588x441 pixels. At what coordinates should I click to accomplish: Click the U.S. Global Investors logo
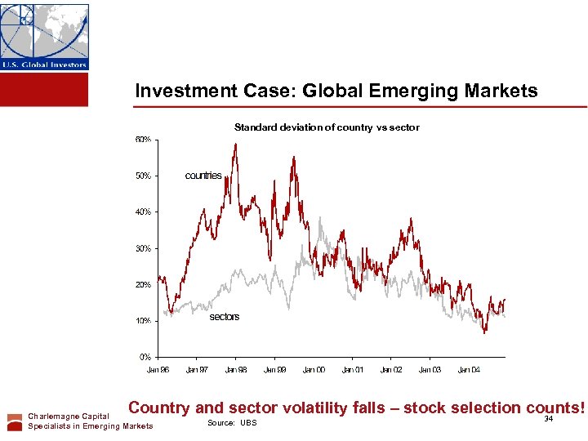click(44, 37)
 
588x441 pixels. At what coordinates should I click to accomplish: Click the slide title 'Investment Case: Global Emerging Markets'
click(336, 91)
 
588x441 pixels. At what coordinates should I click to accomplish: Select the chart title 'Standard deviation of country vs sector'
click(327, 127)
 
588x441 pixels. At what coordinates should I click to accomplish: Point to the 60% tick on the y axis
click(142, 140)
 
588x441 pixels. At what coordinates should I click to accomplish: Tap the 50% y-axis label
click(142, 176)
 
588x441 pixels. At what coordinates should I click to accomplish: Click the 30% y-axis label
click(142, 248)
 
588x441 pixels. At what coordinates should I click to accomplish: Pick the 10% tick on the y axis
click(142, 321)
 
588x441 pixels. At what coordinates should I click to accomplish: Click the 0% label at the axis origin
click(144, 357)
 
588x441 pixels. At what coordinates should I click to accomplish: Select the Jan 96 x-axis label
click(158, 370)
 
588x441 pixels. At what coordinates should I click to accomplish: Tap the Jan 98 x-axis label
click(236, 370)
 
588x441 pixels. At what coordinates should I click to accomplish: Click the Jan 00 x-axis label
click(314, 370)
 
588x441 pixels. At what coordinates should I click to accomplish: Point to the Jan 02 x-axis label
click(391, 370)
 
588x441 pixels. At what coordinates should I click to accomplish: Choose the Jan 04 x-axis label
click(469, 370)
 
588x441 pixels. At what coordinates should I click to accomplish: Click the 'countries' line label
click(203, 176)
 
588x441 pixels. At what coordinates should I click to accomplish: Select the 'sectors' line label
click(225, 317)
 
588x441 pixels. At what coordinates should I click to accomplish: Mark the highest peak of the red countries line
click(235, 145)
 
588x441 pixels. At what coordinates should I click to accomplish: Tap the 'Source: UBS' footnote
click(232, 423)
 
